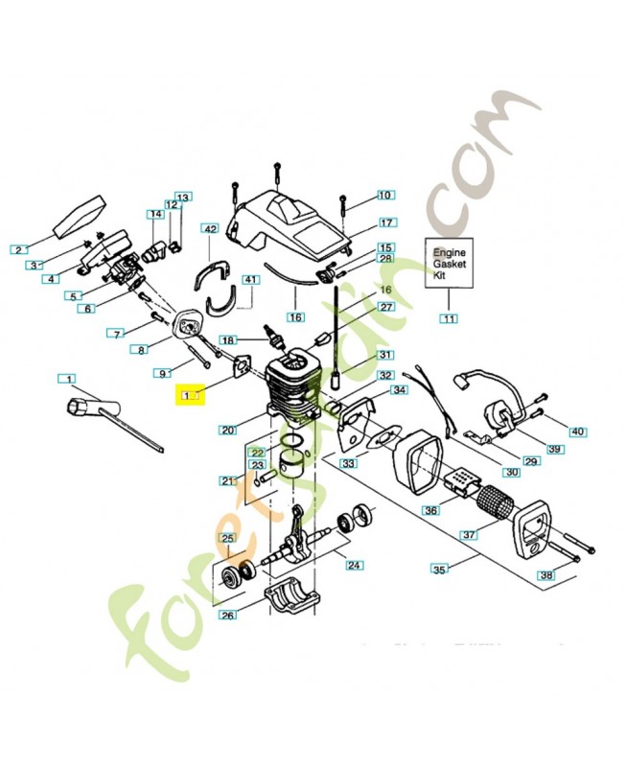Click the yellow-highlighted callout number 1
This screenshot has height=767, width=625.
[190, 392]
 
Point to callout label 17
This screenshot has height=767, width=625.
[386, 222]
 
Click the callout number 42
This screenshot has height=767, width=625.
[210, 229]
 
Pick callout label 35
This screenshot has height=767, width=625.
[440, 569]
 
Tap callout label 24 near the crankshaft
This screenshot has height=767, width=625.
[354, 565]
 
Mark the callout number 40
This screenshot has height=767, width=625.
[577, 431]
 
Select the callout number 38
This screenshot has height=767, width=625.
[545, 575]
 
